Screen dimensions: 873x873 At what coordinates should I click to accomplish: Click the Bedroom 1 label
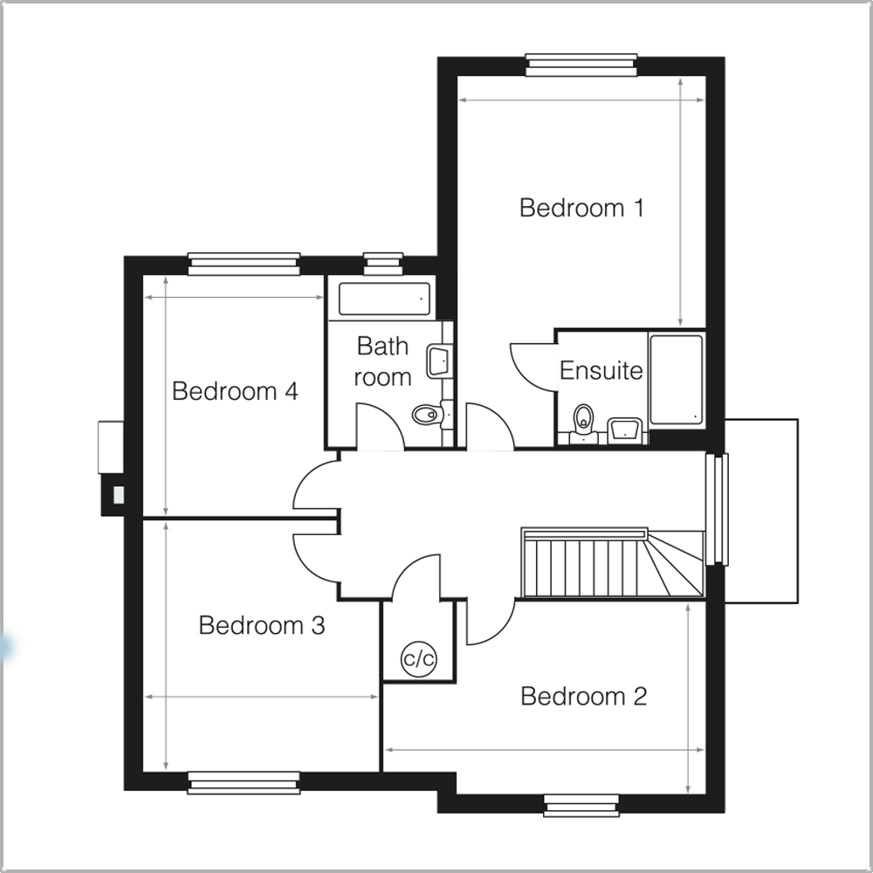[581, 209]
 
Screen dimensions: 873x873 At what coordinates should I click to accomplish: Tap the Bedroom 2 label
[583, 697]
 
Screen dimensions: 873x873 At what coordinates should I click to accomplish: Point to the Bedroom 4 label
[235, 391]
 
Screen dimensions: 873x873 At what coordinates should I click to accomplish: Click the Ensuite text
[601, 370]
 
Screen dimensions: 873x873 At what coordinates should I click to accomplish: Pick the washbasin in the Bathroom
[438, 361]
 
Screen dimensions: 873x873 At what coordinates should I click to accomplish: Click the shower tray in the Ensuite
[676, 380]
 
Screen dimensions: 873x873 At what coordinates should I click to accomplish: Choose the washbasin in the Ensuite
[624, 429]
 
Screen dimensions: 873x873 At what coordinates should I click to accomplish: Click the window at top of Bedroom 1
[581, 65]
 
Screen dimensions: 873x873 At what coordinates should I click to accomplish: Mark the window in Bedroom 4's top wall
[244, 264]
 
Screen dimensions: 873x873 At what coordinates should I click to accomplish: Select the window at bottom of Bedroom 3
[244, 782]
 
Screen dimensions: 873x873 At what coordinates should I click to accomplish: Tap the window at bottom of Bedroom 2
[581, 804]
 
